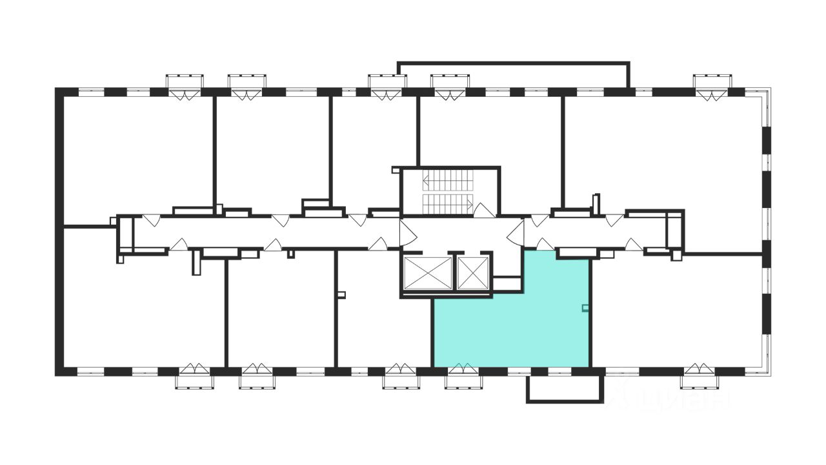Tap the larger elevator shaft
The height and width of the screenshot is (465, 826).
tap(427, 273)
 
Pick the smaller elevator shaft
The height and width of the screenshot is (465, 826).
tap(473, 273)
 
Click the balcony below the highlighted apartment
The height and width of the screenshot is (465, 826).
tap(565, 389)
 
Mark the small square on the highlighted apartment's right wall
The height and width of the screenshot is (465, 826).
tap(585, 308)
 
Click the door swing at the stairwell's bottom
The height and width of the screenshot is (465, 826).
tap(484, 210)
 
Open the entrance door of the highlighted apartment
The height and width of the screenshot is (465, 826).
tap(545, 244)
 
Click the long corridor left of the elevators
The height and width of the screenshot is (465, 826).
tap(258, 232)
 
